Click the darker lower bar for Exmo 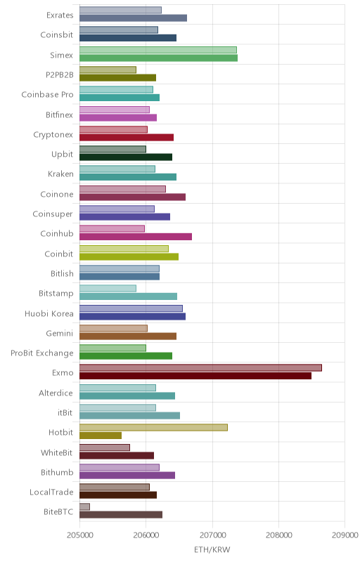pos(195,376)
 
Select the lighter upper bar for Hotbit pos(153,427)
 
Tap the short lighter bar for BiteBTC pos(84,507)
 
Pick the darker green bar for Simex pos(158,58)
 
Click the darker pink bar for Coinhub pos(136,237)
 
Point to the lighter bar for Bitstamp pos(108,288)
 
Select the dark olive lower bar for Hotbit pos(101,436)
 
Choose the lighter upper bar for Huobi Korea pos(131,308)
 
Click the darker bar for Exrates pos(133,18)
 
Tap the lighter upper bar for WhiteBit pos(105,447)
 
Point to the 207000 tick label pos(212,535)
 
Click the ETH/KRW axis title pos(212,549)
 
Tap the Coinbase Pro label pos(47,95)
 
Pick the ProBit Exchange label pos(42,353)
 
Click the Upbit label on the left pos(63,155)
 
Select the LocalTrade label pos(51,492)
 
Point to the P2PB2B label pos(60,75)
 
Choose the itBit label pos(65,412)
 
